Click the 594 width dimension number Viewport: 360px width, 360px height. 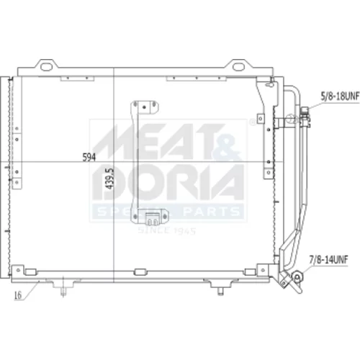(89, 157)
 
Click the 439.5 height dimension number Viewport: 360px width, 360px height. (109, 179)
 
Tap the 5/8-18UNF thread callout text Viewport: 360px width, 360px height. (340, 96)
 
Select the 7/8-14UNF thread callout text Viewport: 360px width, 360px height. (328, 260)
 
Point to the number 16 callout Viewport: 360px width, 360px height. (18, 295)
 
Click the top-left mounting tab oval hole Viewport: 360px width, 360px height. (46, 67)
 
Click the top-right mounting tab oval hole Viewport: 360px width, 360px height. (238, 67)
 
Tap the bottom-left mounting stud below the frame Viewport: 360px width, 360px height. (63, 291)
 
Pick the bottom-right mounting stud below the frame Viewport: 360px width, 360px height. (220, 291)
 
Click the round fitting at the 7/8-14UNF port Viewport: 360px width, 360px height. (297, 277)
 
